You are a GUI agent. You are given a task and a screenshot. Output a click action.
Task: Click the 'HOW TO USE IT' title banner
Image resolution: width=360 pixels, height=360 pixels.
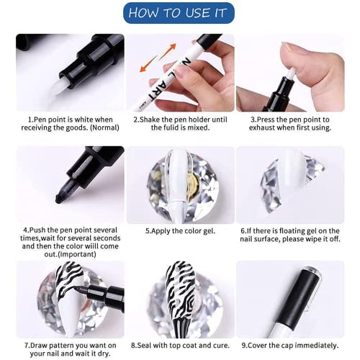tap(179, 12)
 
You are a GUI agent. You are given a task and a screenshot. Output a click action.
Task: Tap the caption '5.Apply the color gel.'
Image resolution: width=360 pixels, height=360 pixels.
tap(179, 231)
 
